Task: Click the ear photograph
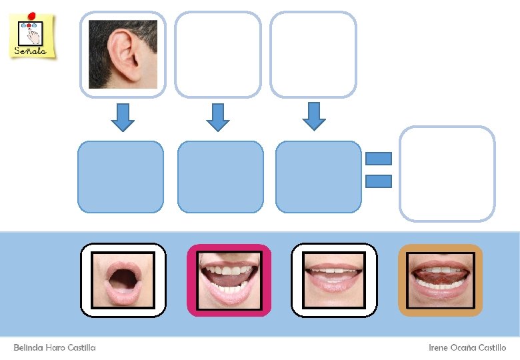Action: click(x=123, y=54)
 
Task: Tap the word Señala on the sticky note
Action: click(x=31, y=51)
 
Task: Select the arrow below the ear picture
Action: click(x=122, y=117)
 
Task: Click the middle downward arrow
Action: click(x=217, y=117)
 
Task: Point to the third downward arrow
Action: click(x=313, y=116)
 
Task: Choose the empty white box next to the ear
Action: click(x=217, y=54)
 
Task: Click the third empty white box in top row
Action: click(x=313, y=54)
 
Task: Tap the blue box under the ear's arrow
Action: click(x=121, y=177)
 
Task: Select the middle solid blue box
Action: click(x=220, y=177)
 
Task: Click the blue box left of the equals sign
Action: click(x=318, y=177)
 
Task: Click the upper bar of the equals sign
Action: click(x=378, y=159)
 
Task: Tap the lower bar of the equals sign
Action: click(x=378, y=181)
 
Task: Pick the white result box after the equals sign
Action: click(x=447, y=173)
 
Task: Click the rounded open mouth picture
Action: click(x=123, y=280)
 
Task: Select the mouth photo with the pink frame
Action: click(x=229, y=280)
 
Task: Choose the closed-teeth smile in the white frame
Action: click(x=334, y=280)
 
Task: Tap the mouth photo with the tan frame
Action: click(x=440, y=280)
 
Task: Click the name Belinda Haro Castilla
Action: click(x=55, y=348)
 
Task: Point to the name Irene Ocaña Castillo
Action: click(x=467, y=348)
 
